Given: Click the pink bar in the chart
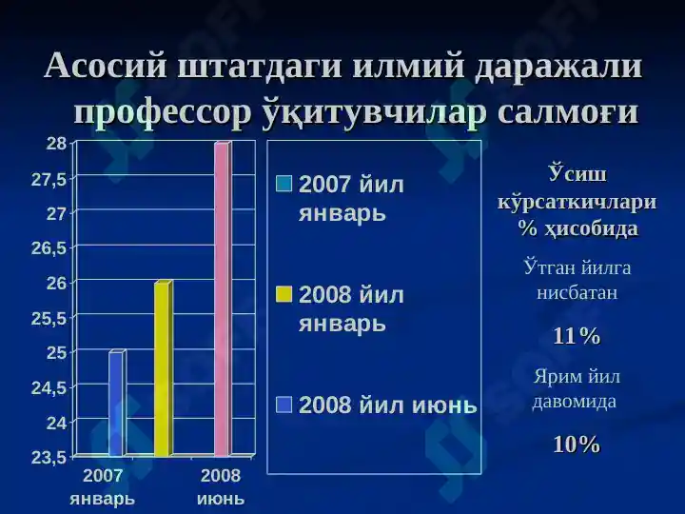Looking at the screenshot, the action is (x=223, y=299).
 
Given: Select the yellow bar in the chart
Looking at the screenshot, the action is (x=164, y=369).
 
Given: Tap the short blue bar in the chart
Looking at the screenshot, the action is (x=117, y=403).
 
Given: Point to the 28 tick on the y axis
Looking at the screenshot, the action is (x=57, y=144).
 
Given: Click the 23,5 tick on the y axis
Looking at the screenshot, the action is (x=49, y=458).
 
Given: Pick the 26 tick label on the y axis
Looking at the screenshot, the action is (x=57, y=284).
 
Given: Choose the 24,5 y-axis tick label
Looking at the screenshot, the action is (x=49, y=387).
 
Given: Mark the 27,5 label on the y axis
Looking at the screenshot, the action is (x=49, y=179).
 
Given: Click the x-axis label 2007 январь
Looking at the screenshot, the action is (x=103, y=487).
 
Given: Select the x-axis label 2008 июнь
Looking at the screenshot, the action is (x=221, y=487).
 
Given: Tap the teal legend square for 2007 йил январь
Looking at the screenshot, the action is (x=284, y=184).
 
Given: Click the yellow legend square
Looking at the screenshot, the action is (x=284, y=294).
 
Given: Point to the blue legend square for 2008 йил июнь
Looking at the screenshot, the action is (x=284, y=405).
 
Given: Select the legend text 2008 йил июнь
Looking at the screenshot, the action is (x=388, y=405).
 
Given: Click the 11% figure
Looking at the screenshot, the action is (x=577, y=336).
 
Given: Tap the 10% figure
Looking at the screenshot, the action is (x=577, y=445).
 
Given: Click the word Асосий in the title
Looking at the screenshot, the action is (x=106, y=66).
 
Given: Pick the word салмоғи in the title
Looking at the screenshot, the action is (x=568, y=112).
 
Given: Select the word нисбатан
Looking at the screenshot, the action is (x=577, y=292).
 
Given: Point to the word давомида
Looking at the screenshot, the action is (x=574, y=402).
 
